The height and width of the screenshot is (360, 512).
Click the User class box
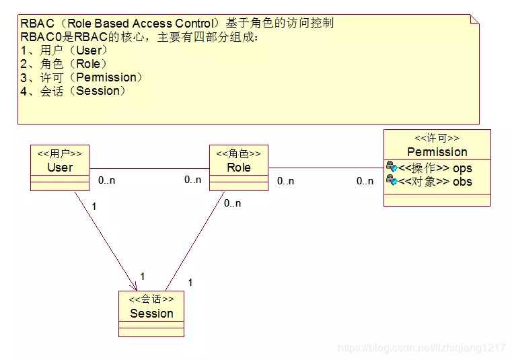[x=60, y=167]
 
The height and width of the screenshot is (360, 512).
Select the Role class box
[x=238, y=167]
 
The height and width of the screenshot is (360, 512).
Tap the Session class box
[x=151, y=313]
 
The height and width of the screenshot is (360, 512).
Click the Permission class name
[x=437, y=152]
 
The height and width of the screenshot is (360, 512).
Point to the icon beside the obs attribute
[x=392, y=181]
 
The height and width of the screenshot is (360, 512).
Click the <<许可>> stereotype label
[x=437, y=139]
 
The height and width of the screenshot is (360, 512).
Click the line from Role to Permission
[x=326, y=168]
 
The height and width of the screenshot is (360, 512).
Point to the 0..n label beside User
[x=106, y=180]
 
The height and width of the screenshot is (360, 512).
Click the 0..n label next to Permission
[x=365, y=181]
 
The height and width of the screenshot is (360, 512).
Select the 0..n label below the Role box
[x=232, y=203]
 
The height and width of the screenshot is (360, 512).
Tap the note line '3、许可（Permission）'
[x=81, y=77]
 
